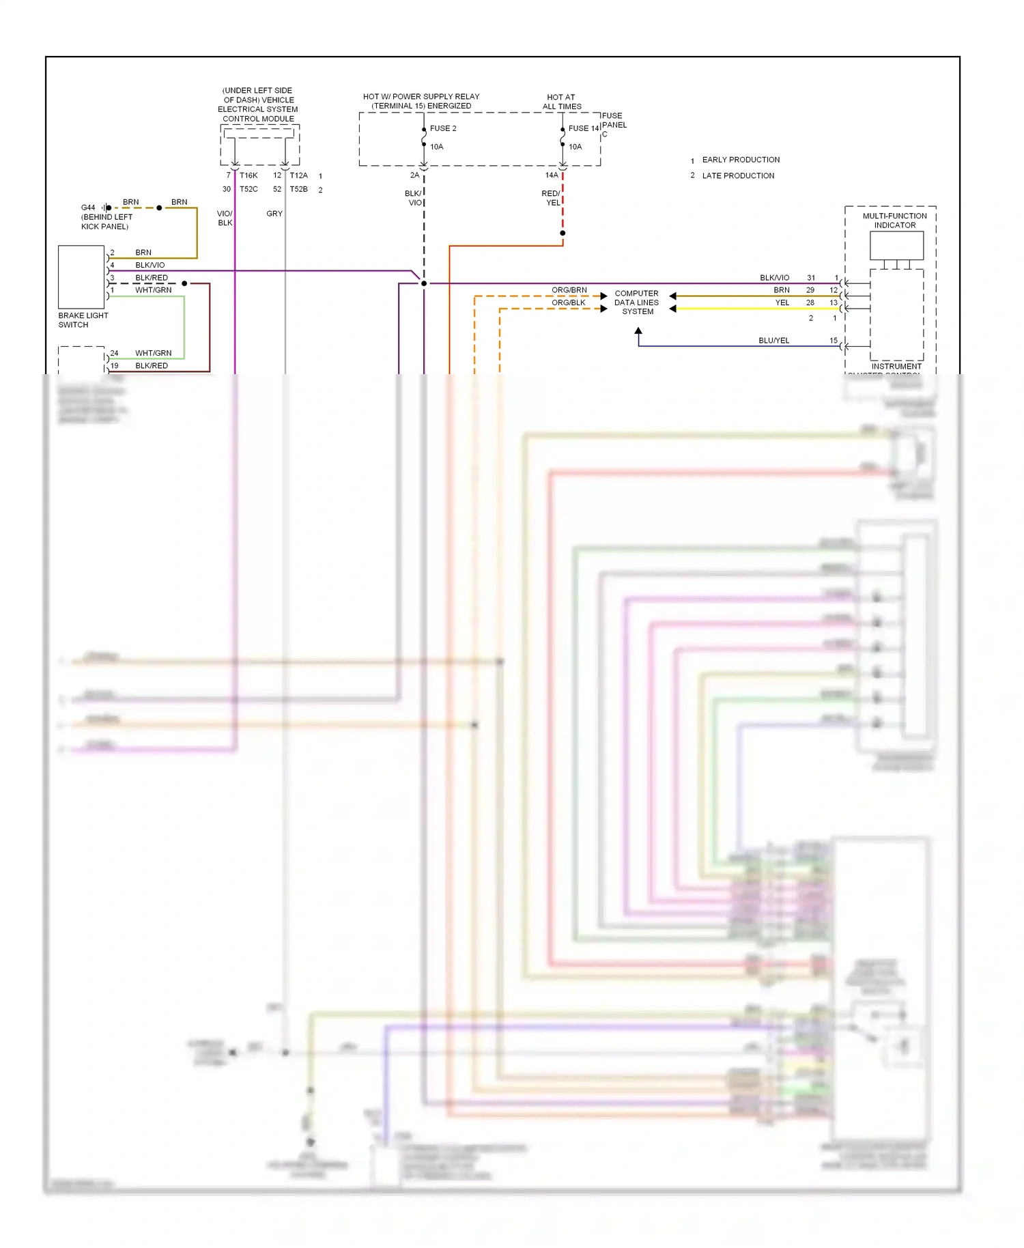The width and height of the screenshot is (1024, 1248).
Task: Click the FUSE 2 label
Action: (x=443, y=128)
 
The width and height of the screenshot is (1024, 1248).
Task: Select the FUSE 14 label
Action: (x=584, y=128)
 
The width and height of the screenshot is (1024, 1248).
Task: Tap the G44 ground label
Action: (x=88, y=208)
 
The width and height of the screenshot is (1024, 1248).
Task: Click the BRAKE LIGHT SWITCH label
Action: (x=83, y=320)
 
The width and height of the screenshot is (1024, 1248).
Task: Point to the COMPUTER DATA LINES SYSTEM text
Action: (x=637, y=302)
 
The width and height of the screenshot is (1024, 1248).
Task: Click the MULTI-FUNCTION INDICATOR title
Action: (x=895, y=221)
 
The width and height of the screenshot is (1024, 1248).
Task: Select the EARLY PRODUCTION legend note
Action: (x=741, y=160)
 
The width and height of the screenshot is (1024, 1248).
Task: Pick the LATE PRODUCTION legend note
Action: (x=738, y=175)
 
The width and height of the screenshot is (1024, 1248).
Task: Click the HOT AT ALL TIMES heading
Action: (x=562, y=102)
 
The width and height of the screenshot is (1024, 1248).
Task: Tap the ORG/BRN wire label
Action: (x=569, y=290)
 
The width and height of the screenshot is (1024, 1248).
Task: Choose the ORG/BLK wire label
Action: (x=569, y=302)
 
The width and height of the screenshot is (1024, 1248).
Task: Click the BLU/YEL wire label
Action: (x=773, y=340)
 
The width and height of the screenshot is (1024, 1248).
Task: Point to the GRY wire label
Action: (x=274, y=214)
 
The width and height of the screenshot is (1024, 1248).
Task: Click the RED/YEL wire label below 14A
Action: (x=551, y=198)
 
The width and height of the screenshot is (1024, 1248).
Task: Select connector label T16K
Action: (x=248, y=175)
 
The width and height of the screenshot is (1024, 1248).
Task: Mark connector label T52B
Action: (x=298, y=189)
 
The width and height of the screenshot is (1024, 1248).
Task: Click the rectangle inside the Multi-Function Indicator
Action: (x=896, y=245)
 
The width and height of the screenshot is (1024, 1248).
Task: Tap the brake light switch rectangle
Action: (x=81, y=277)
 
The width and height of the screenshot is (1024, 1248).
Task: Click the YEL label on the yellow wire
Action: (x=782, y=302)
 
